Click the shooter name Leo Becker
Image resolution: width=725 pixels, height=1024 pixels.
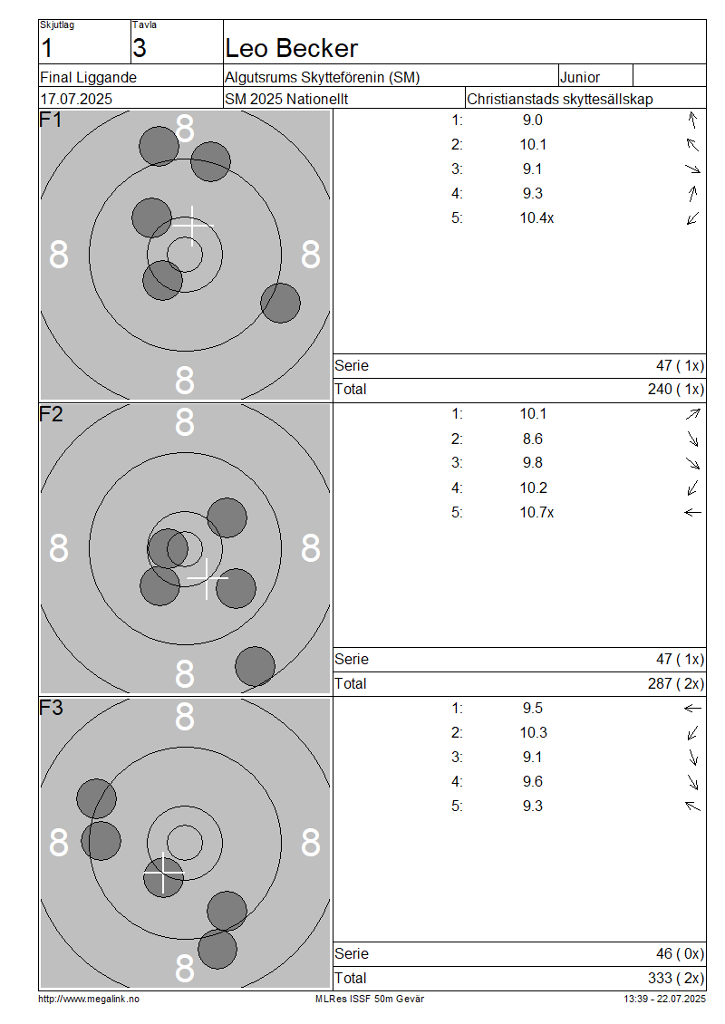(291, 48)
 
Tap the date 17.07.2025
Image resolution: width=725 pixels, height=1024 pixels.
(76, 100)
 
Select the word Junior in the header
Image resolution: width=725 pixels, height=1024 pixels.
(580, 77)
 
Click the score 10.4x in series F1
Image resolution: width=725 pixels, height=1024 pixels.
(536, 218)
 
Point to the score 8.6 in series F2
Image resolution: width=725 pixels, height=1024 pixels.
(532, 439)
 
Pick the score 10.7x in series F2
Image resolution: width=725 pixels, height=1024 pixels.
(536, 513)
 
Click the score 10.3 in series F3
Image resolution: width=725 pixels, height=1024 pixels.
(533, 733)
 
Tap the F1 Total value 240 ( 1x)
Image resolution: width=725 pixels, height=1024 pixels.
(676, 390)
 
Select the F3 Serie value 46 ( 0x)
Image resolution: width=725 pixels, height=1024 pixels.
(680, 954)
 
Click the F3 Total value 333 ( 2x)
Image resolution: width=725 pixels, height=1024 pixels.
(676, 979)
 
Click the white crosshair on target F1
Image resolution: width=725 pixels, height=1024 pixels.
(191, 226)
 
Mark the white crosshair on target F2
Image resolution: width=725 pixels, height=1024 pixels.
(207, 579)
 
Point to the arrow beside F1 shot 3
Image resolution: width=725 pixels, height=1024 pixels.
(693, 169)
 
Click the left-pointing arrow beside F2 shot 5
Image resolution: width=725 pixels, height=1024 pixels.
(693, 513)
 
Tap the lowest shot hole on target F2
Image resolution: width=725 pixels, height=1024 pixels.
(255, 667)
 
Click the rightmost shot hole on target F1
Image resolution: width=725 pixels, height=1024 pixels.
(280, 303)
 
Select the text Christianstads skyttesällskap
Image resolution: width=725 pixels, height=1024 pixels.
(560, 100)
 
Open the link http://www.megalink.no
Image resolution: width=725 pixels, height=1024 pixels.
(89, 999)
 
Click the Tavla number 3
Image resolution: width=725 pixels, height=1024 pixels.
(140, 48)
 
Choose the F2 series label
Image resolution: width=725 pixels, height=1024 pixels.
(51, 414)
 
